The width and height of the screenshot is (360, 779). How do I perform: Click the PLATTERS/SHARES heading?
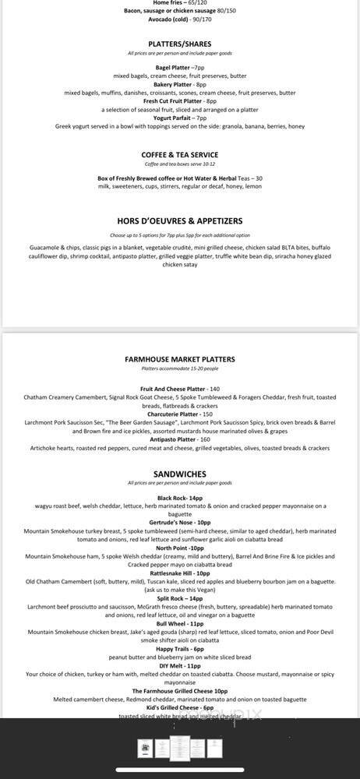[179, 44]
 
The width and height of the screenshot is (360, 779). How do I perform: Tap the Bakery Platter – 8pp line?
[179, 84]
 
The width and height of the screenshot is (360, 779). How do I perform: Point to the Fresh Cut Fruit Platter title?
[179, 101]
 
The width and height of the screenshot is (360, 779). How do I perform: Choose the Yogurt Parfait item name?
[179, 118]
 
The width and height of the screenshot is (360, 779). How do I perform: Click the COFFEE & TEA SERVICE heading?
[179, 155]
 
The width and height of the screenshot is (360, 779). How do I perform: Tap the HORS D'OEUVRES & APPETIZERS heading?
[179, 221]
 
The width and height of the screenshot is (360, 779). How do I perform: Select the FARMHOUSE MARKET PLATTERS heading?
[179, 359]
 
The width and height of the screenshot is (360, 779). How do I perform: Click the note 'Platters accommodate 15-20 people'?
[179, 369]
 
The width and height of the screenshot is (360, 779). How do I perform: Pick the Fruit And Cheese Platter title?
[179, 389]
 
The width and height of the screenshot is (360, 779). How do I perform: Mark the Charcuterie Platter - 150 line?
[179, 414]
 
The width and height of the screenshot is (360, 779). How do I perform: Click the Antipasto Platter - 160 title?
[179, 439]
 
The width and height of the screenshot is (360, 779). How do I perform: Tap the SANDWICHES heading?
[179, 474]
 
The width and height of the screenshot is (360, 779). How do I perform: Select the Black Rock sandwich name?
[179, 498]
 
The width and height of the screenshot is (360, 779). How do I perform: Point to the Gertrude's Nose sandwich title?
[179, 523]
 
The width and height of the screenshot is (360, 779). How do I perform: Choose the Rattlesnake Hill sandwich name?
[179, 573]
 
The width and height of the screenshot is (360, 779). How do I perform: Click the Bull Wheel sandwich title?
[179, 623]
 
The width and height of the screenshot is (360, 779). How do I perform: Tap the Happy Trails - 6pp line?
[179, 649]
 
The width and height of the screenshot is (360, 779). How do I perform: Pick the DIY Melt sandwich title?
[179, 665]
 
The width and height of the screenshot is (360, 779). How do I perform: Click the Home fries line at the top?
[179, 3]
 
